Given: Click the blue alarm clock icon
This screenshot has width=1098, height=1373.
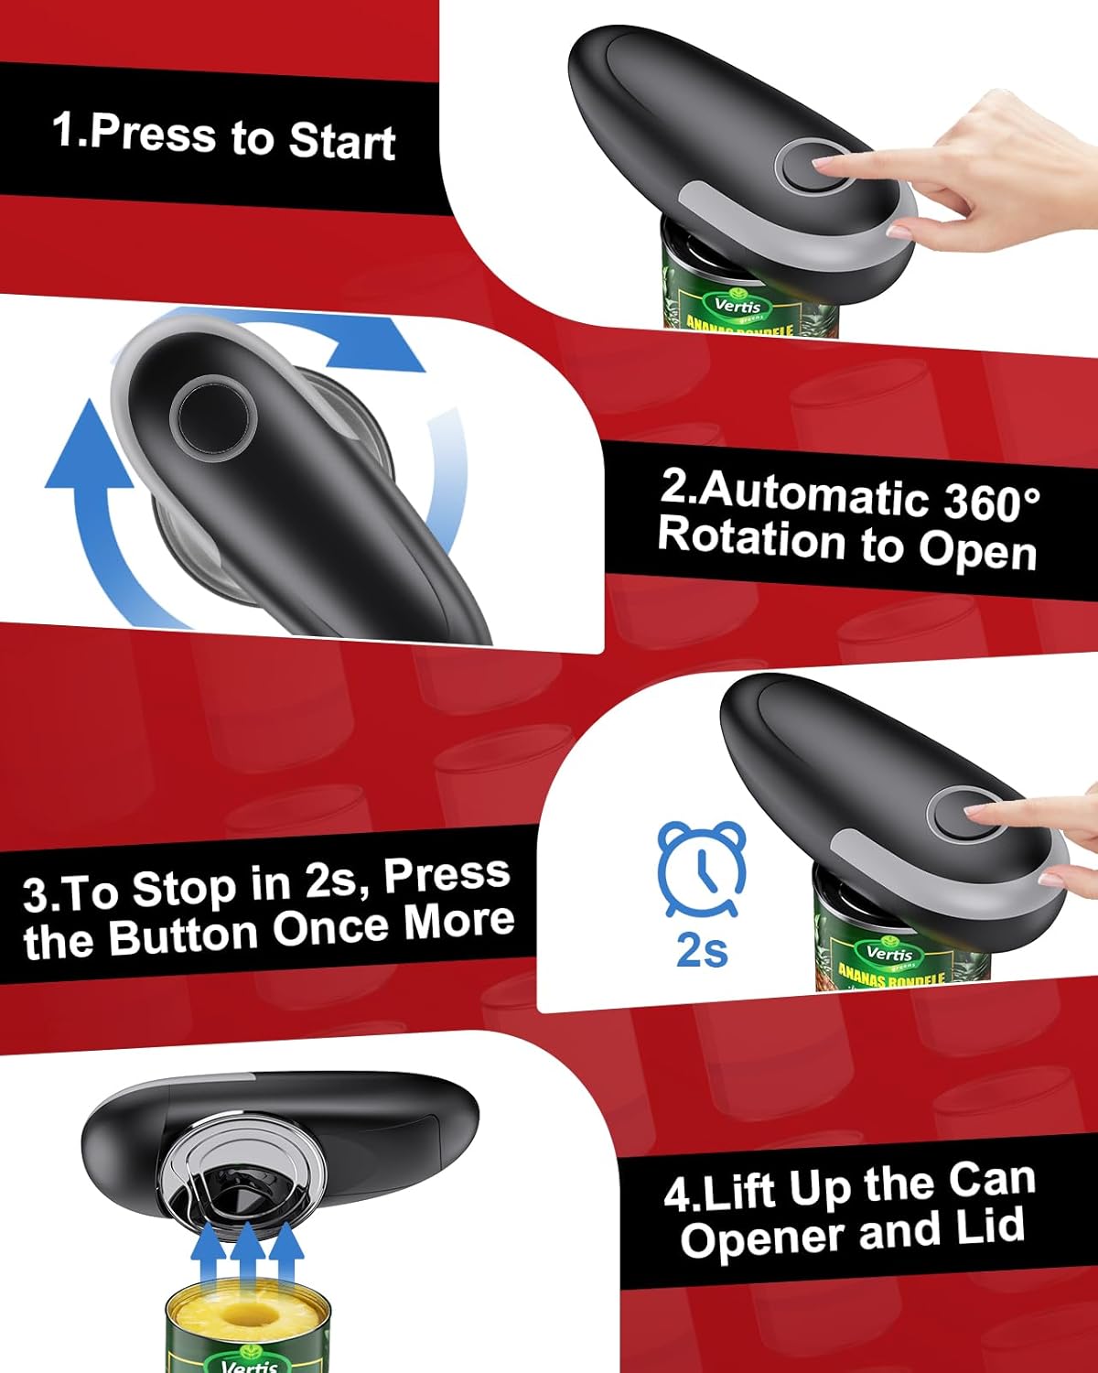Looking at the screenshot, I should (x=702, y=869).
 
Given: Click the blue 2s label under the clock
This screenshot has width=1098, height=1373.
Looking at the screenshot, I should (x=702, y=951).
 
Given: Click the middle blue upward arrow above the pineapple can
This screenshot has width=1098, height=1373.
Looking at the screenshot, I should (x=247, y=1254).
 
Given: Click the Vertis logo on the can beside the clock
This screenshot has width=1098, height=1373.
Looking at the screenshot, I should (x=888, y=955).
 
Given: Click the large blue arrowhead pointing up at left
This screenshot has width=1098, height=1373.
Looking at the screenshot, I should (x=90, y=449).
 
